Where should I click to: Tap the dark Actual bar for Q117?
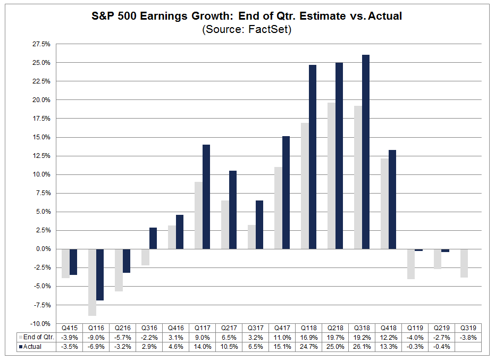[206, 197]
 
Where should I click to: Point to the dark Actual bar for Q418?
[392, 199]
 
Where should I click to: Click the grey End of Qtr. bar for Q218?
[331, 175]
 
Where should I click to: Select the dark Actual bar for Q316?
[153, 238]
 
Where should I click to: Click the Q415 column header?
[70, 328]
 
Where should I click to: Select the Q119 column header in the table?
[415, 328]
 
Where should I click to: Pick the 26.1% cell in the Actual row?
[362, 347]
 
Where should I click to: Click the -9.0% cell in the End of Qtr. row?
[96, 337]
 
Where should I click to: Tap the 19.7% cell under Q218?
[335, 337]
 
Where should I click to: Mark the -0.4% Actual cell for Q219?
[442, 347]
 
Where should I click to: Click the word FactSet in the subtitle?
[271, 30]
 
